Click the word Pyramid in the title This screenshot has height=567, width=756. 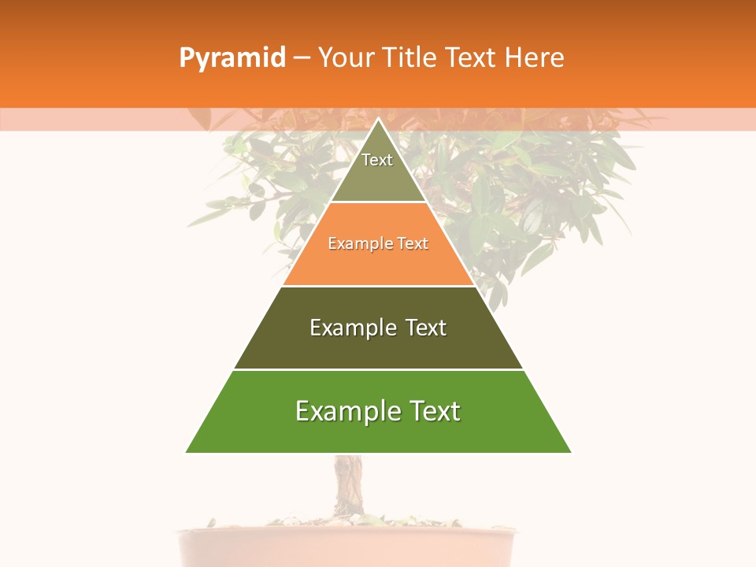[x=232, y=58]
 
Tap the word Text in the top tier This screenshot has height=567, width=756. [x=377, y=160]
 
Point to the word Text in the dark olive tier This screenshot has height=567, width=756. [x=426, y=328]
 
